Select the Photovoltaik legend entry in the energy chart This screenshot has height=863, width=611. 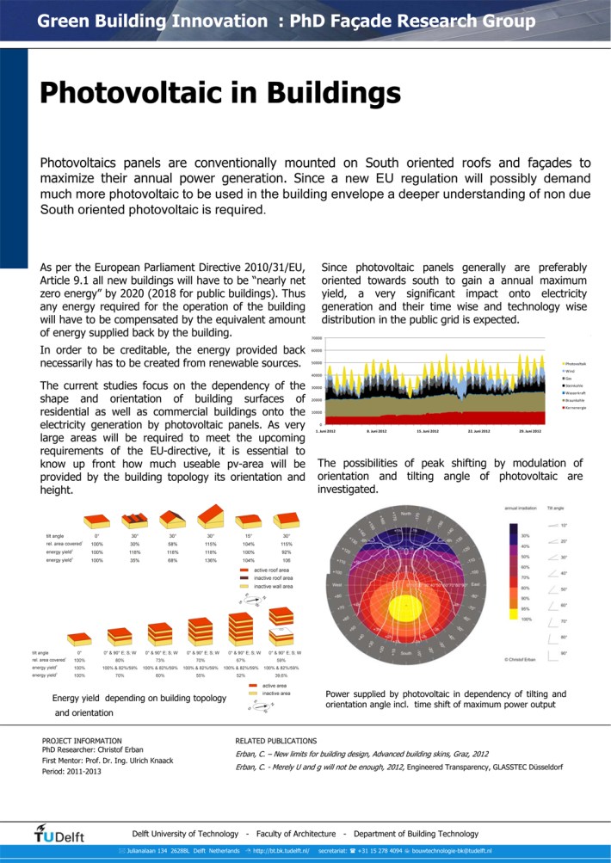click(573, 364)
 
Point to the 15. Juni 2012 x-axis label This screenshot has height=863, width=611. click(428, 429)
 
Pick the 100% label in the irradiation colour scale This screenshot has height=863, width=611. click(526, 619)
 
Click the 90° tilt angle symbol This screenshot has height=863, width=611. click(552, 654)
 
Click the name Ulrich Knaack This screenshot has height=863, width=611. click(151, 761)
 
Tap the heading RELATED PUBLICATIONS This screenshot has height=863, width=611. click(275, 740)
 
